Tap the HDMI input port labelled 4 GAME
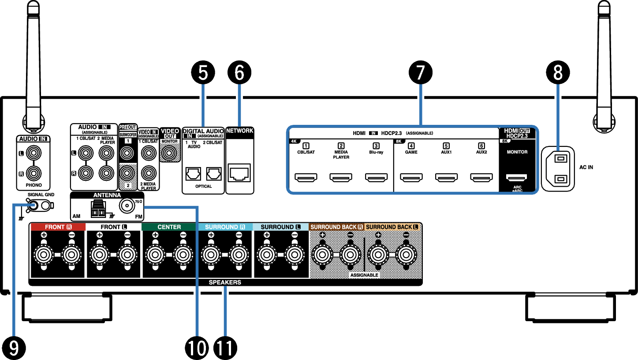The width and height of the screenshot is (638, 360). coord(411,178)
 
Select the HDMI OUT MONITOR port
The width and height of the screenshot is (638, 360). coord(517,178)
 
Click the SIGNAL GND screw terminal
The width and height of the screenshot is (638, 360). coord(33,205)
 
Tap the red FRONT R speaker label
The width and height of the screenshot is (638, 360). coord(57,227)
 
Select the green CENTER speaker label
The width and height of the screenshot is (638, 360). coord(169,227)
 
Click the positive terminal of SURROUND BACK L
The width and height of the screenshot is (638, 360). coord(377,254)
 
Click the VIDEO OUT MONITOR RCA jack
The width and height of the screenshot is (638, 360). coord(169,153)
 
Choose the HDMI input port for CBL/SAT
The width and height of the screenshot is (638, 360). coord(305,178)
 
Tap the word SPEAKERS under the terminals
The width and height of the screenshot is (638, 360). coord(225,282)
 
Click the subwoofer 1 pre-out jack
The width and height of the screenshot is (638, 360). coord(127,154)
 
